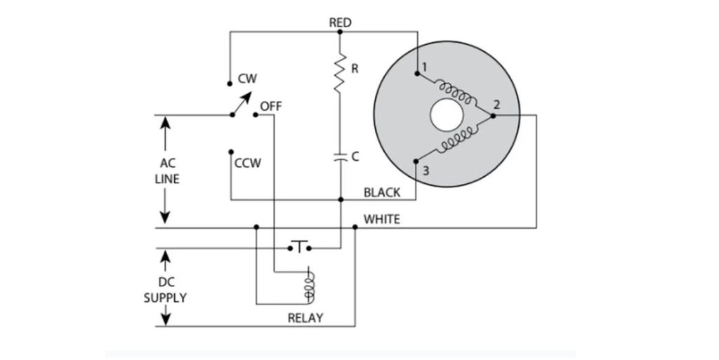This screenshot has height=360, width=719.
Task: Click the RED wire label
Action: (x=341, y=22)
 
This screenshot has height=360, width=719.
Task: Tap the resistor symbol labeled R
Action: (x=340, y=72)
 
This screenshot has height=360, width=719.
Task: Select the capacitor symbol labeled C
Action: (x=341, y=158)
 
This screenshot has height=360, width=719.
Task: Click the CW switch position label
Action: (x=247, y=79)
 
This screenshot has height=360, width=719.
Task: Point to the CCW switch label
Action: (x=248, y=163)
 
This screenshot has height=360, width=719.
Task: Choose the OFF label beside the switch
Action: (x=271, y=107)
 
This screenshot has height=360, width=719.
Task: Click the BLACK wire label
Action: (x=382, y=193)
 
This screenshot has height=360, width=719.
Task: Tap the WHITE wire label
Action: (x=381, y=220)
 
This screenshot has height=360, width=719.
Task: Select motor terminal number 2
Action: (x=496, y=105)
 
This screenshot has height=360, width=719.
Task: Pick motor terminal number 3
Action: (x=426, y=171)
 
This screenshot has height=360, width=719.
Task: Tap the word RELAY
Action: (x=305, y=318)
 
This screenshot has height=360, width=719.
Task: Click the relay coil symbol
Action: (x=310, y=287)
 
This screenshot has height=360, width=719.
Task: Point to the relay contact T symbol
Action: (x=299, y=246)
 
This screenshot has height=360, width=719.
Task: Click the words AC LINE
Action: (x=167, y=171)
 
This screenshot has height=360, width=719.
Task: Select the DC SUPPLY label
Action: (x=166, y=290)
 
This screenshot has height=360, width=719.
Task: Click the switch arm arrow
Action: (x=242, y=104)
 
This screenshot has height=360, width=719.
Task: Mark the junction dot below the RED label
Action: (x=340, y=32)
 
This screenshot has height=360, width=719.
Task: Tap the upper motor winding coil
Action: (x=455, y=92)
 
